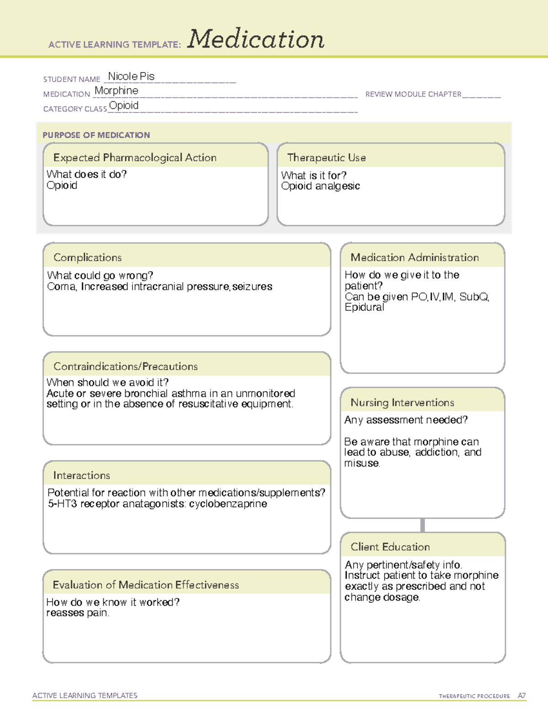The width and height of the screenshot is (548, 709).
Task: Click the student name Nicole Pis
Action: (x=131, y=76)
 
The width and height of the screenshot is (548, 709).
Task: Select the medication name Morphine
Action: (x=116, y=91)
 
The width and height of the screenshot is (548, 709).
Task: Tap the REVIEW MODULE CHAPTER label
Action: (x=413, y=94)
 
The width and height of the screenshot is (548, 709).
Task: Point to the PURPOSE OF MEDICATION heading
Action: (x=96, y=135)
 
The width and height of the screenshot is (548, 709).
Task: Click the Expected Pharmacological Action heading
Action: (x=135, y=158)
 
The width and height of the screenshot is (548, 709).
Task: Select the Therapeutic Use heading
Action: (x=326, y=158)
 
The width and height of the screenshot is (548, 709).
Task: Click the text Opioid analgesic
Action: (x=320, y=186)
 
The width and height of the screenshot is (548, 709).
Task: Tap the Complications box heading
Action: (x=87, y=257)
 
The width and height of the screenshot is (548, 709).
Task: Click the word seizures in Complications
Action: (x=252, y=287)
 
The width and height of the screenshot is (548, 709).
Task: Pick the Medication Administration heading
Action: (x=414, y=257)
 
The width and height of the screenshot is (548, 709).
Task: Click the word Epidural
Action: (x=364, y=307)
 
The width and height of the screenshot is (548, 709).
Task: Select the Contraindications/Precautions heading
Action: (x=125, y=367)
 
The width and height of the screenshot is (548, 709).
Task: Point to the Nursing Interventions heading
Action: (x=402, y=403)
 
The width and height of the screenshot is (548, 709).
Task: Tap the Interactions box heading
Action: (x=81, y=476)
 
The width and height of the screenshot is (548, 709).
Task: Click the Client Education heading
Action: (x=390, y=547)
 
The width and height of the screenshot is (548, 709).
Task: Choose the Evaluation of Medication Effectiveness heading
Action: (x=146, y=585)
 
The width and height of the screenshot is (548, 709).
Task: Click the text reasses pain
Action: (x=78, y=613)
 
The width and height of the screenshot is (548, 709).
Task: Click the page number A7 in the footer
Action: (x=521, y=696)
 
